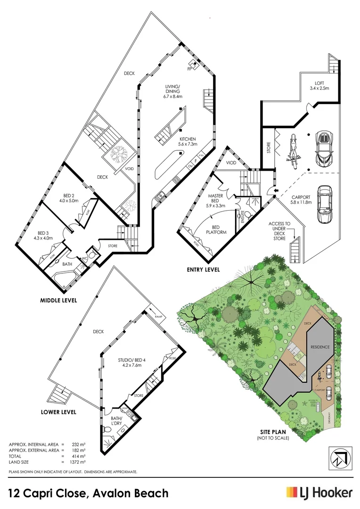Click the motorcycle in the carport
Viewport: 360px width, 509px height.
(292, 152)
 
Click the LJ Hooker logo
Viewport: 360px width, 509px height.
(319, 493)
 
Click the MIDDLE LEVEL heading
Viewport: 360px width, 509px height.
(58, 300)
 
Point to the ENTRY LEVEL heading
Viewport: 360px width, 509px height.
(203, 270)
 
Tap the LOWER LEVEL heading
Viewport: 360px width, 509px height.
(58, 412)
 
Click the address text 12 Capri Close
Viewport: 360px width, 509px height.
(49, 493)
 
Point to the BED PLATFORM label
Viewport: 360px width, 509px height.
(218, 230)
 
